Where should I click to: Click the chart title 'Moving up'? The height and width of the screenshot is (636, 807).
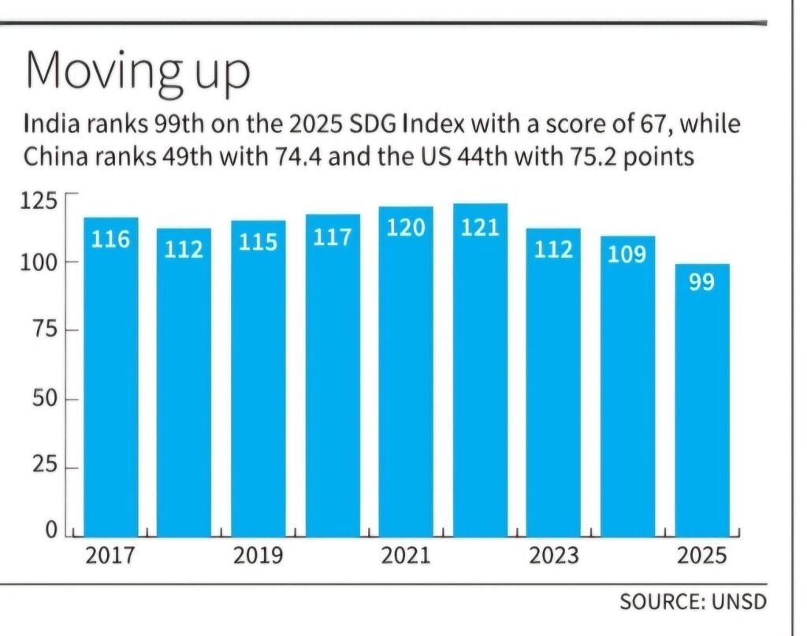137,73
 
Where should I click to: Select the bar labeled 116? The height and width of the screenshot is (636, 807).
111,378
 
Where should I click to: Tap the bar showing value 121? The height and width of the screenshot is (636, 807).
480,370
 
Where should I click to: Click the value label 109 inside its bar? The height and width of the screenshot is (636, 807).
627,254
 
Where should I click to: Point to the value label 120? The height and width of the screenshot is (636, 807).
406,228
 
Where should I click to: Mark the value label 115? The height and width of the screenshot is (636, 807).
258,242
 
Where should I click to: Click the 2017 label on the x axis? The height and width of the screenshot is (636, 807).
110,556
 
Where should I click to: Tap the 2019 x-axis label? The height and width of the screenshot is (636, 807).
258,556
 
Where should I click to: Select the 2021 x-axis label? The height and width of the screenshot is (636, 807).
406,556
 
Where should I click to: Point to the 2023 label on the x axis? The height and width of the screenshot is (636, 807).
553,556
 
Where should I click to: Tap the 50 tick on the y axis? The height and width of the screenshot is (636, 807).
44,399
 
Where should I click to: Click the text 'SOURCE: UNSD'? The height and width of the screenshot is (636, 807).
693,602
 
